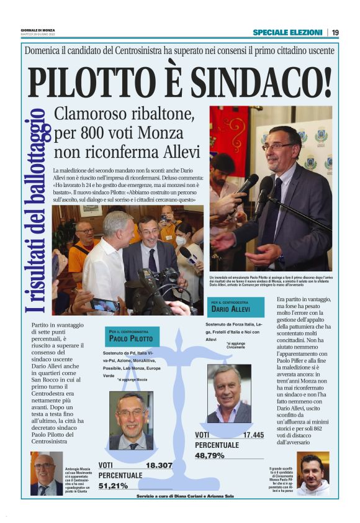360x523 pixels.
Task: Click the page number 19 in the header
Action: coord(335,32)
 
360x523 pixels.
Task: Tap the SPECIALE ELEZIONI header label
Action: coord(287,32)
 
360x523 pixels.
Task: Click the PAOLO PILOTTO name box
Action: coord(132,337)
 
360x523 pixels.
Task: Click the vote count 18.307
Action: coord(159,465)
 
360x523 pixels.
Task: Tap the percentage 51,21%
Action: coord(113,486)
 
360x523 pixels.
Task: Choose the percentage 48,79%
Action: coord(210,455)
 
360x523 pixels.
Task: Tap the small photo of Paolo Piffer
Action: coord(313,473)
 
